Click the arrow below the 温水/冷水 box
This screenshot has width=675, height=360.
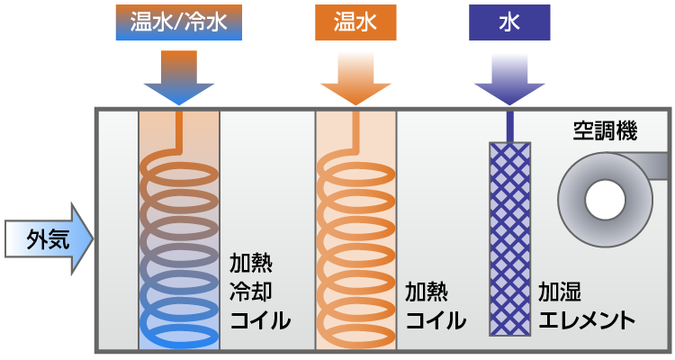[178, 80]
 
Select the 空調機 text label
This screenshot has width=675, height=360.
[605, 132]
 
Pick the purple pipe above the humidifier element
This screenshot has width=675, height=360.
[509, 124]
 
